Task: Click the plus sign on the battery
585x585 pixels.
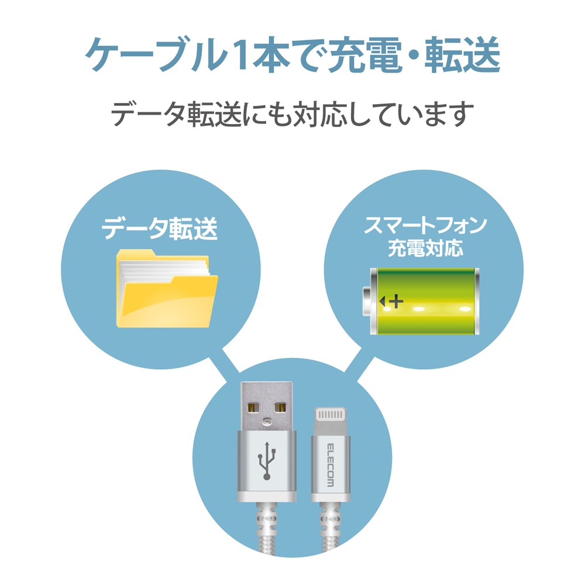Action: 397,302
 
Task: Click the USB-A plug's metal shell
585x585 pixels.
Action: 266,404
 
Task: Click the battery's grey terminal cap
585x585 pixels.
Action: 369,301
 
